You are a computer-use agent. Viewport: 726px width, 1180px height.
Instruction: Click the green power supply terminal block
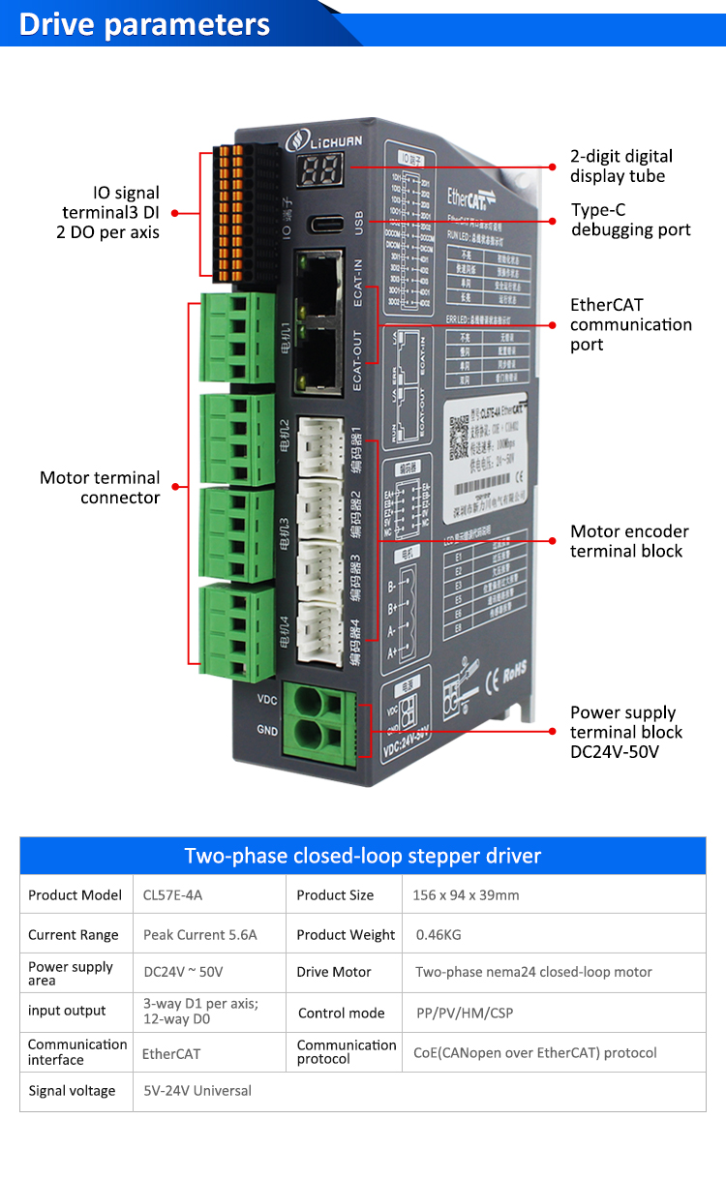[318, 717]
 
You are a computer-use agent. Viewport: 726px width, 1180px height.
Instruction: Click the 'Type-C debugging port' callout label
[630, 220]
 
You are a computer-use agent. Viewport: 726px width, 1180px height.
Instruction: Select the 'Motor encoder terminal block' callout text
[629, 541]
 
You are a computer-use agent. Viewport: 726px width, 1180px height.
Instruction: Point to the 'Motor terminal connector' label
[100, 487]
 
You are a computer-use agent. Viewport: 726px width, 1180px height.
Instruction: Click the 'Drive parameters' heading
[144, 23]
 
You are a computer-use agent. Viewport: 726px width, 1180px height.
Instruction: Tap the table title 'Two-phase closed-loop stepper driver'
[362, 856]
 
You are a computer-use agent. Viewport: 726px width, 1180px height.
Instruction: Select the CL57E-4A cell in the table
[173, 895]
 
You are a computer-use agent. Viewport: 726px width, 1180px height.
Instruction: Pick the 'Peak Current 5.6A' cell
[200, 935]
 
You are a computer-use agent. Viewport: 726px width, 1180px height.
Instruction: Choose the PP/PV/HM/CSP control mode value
[455, 1013]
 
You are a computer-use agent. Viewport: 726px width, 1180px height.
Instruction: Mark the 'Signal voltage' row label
[72, 1091]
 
